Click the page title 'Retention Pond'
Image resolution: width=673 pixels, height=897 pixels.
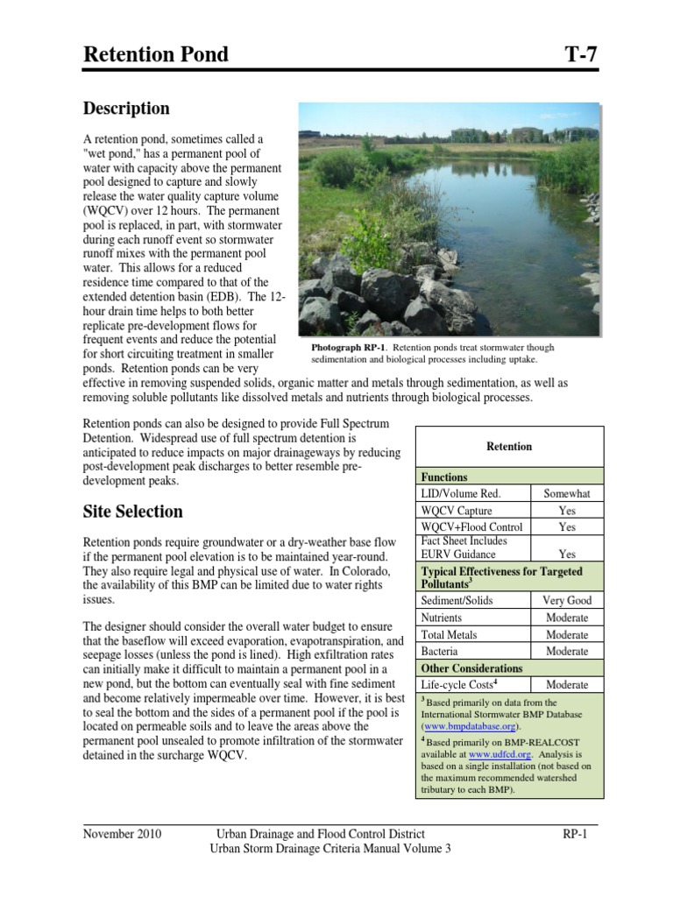(155, 54)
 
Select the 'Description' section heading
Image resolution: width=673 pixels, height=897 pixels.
(126, 109)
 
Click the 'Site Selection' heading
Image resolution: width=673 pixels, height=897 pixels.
(132, 512)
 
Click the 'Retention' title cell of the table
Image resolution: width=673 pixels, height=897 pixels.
(509, 447)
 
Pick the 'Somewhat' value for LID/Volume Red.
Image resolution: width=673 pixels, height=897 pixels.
(567, 494)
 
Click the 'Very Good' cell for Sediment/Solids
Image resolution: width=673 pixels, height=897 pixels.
(567, 601)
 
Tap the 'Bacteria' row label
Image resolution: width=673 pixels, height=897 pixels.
(441, 651)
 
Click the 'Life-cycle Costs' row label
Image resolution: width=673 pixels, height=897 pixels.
(457, 685)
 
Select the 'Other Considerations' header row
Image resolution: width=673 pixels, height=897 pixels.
(472, 668)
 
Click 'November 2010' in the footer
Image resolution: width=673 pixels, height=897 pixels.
(123, 834)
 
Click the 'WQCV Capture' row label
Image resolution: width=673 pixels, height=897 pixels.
(457, 511)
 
